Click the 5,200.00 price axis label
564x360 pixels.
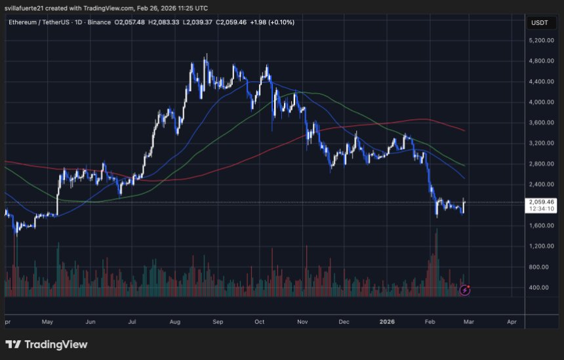541,41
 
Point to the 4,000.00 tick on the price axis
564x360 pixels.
541,102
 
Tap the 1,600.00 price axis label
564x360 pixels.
541,226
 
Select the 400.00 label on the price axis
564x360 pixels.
543,288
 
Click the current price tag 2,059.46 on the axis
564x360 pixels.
541,202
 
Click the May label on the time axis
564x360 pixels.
47,322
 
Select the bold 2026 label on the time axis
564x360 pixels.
386,322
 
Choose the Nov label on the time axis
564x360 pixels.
302,322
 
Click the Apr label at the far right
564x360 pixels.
512,322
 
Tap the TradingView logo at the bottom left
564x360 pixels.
47,344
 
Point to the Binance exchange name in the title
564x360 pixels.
98,22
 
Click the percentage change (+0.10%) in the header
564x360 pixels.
281,22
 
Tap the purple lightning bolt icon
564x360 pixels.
465,289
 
